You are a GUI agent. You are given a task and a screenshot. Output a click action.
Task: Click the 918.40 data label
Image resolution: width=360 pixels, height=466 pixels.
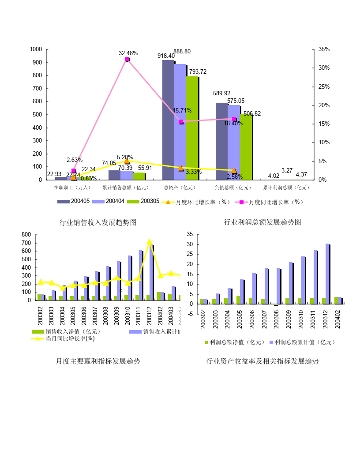point(166,56)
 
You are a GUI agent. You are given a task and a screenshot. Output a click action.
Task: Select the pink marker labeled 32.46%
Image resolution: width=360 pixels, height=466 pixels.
point(127,59)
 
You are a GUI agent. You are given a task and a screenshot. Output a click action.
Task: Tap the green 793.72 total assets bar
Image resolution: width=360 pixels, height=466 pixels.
point(192,128)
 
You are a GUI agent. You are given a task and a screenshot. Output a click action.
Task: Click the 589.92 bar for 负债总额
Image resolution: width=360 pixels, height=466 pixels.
point(221,141)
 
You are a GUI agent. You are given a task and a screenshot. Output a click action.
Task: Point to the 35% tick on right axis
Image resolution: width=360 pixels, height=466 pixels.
point(324,49)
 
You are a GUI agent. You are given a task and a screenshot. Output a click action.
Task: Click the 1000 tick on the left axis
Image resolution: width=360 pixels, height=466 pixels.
point(36,49)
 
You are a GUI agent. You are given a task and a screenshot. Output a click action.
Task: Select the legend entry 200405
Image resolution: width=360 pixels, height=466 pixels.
point(74,201)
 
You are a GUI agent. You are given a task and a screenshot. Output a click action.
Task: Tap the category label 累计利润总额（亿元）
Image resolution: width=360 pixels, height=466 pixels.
point(286,188)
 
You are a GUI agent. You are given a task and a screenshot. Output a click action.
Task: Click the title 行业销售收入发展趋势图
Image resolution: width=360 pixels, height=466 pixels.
point(98,222)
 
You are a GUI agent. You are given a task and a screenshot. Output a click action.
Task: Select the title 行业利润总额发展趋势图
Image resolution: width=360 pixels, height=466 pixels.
point(262,222)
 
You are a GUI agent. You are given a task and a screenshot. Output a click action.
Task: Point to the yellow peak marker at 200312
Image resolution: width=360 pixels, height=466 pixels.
point(150,242)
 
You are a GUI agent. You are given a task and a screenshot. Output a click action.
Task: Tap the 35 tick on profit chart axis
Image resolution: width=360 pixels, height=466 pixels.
point(190,234)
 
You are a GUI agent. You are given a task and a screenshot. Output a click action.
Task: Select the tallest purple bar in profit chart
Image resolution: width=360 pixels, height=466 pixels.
point(327,274)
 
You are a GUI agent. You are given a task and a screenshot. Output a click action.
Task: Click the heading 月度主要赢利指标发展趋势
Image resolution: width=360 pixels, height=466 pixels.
point(98,361)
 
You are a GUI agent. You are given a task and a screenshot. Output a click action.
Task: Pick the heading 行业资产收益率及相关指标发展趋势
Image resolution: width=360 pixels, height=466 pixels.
point(262,361)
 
